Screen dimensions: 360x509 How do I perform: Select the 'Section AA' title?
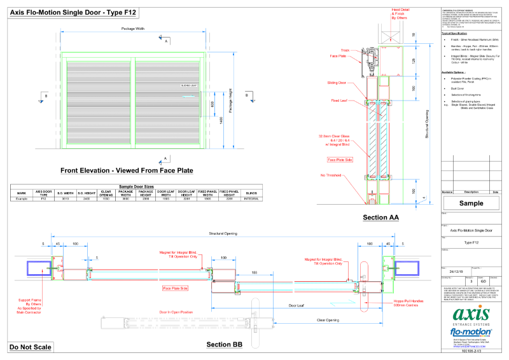click(380, 218)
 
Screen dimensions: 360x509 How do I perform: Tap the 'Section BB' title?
click(224, 345)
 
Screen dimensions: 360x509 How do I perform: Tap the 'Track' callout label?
click(345, 50)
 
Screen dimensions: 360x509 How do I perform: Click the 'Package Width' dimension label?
click(132, 29)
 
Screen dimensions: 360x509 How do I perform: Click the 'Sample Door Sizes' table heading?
click(137, 186)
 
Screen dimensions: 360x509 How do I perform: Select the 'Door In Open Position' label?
click(174, 312)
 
